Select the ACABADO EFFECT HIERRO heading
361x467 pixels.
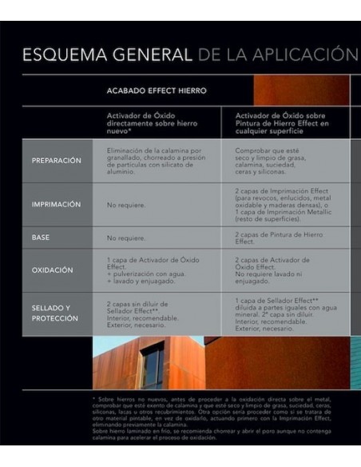(157, 90)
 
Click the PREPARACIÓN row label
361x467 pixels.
(57, 160)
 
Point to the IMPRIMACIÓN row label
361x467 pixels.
(57, 204)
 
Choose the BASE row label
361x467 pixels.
(41, 237)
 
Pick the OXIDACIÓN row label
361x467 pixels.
(53, 269)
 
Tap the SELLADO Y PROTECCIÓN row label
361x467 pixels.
(55, 313)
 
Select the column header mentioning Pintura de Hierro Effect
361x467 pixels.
(283, 122)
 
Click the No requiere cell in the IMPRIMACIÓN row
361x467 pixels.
(126, 205)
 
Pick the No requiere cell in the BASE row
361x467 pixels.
(126, 238)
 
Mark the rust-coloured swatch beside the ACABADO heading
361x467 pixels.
(300, 90)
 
